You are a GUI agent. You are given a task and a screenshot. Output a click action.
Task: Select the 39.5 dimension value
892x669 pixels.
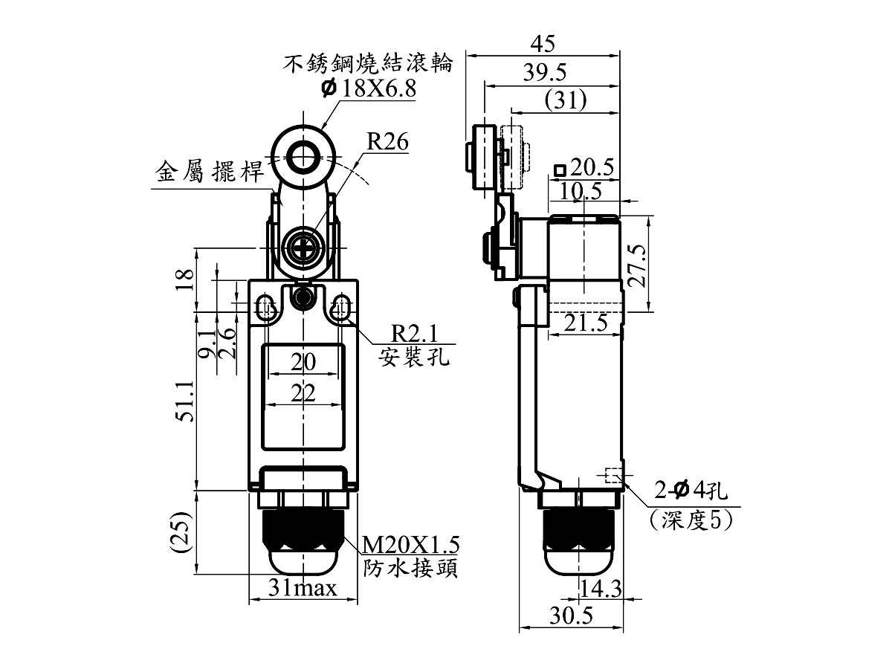(x=545, y=73)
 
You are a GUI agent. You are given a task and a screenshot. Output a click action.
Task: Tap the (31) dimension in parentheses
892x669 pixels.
(x=566, y=100)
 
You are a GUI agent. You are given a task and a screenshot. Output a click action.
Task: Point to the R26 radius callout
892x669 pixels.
(x=387, y=142)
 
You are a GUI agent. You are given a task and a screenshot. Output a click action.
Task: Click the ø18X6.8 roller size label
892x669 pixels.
(x=369, y=88)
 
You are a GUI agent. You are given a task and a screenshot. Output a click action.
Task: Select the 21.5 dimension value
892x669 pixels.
(x=586, y=323)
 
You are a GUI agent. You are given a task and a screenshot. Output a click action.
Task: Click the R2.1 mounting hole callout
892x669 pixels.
(x=415, y=334)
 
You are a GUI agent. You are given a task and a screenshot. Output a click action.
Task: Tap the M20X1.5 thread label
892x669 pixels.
(x=410, y=545)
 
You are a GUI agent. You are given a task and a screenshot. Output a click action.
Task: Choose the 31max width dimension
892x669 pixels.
(x=303, y=587)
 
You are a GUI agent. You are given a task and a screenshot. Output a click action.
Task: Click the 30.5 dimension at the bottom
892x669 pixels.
(x=572, y=615)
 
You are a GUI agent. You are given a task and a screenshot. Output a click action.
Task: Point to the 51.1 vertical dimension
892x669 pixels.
(x=186, y=401)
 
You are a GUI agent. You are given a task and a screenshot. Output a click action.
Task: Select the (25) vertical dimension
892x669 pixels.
(x=181, y=531)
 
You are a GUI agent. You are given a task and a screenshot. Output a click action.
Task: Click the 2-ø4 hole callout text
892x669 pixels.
(x=691, y=491)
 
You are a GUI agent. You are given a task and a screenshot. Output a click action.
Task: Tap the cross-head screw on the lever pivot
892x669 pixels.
(x=303, y=248)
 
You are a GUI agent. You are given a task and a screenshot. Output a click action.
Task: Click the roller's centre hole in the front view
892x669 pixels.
(x=303, y=156)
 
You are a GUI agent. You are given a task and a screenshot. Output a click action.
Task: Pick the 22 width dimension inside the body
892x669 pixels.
(x=303, y=392)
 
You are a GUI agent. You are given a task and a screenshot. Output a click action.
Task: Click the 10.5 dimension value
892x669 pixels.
(x=581, y=191)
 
